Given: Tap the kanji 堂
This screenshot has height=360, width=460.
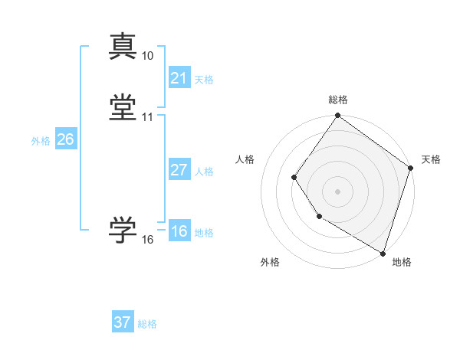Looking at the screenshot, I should pos(123,106).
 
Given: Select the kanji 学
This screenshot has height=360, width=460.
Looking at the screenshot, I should pos(123,229).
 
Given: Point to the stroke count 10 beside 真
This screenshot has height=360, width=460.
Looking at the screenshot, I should pos(147,56).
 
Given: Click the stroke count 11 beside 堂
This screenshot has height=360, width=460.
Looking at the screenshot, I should pos(147,117).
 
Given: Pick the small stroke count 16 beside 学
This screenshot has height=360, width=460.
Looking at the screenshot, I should pos(147,240).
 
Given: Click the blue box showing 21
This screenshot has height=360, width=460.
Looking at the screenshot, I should pos(179,78).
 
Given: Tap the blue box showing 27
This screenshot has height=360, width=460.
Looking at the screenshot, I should pos(179,170).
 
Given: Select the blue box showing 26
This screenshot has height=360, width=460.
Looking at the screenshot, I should pos(65,139).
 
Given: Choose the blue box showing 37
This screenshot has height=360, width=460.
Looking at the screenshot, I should pos(122,322).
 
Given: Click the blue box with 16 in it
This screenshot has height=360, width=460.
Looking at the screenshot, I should pos(179,231).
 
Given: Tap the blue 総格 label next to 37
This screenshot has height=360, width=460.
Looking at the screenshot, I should pos(147,324).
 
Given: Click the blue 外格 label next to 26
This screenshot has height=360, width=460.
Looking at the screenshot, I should pos(41,141).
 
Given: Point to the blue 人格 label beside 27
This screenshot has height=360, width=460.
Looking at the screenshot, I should pos(204,172).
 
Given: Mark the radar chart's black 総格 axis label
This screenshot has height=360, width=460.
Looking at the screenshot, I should pos(337,100).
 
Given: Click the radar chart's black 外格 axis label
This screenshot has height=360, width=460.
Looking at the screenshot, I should pos(270,262).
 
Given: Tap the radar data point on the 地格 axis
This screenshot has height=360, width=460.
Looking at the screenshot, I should pos(383,252).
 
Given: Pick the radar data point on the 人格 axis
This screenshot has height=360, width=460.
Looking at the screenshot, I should pos(294,178).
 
